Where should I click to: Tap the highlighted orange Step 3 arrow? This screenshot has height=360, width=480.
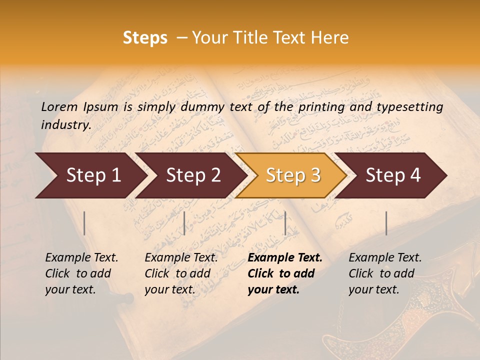point(293,175)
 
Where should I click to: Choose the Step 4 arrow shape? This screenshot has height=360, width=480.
point(393,175)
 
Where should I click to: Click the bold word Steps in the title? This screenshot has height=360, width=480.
point(145,38)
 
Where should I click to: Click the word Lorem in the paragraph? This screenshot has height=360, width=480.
point(59,106)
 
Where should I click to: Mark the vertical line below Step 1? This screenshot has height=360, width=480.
point(84,223)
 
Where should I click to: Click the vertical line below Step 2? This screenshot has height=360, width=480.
point(184,223)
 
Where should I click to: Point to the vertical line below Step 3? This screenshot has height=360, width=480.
point(285,223)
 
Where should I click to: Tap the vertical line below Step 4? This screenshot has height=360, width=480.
point(386,223)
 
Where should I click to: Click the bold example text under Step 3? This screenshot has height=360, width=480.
point(285,273)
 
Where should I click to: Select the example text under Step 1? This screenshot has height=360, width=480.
point(81,273)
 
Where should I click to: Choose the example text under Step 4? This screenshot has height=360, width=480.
point(385,273)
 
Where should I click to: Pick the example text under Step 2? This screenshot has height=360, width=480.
point(181,273)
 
